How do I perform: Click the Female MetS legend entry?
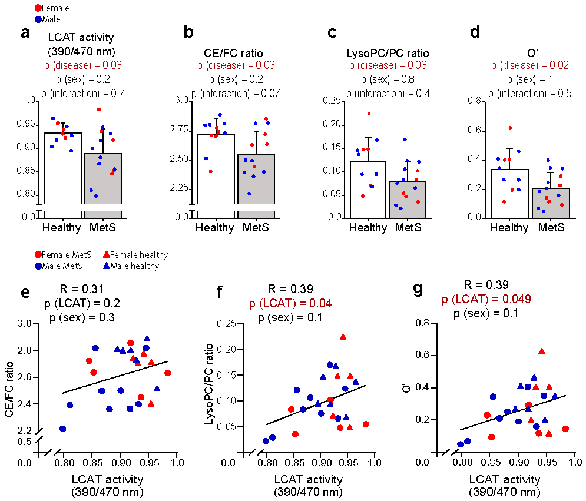tap(59, 255)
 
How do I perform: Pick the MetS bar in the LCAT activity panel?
tap(103, 183)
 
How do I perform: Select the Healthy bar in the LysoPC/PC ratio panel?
tap(367, 188)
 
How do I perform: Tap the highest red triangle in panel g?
tap(541, 351)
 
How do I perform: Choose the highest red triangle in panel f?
tap(343, 337)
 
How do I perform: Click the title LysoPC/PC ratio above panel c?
tap(386, 54)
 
